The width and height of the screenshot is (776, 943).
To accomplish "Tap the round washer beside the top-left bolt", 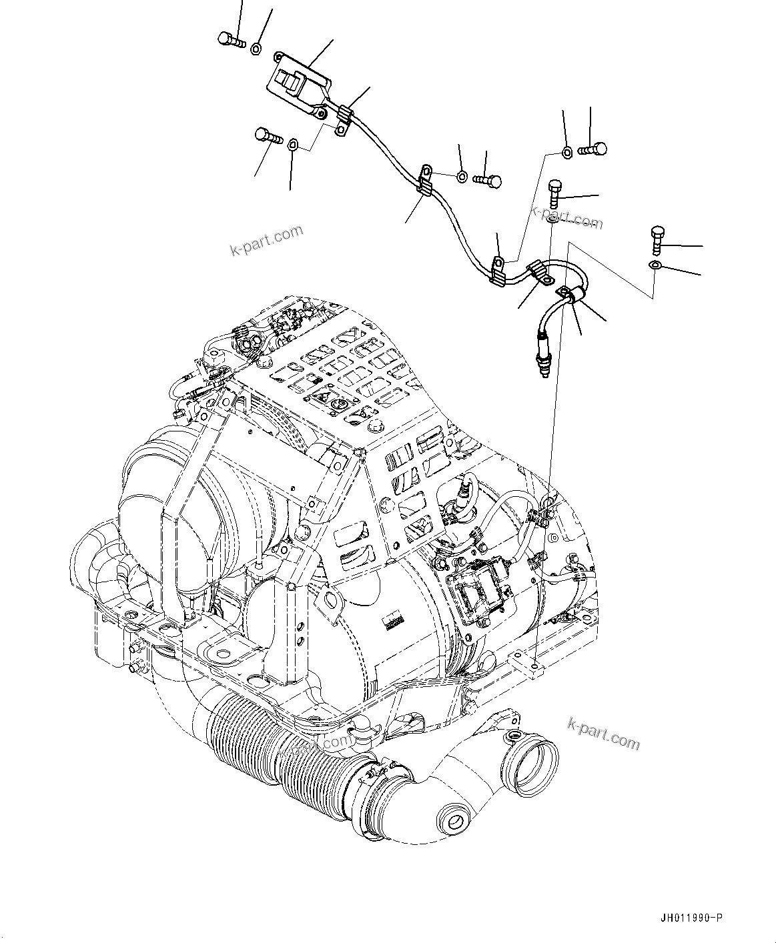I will (x=256, y=48).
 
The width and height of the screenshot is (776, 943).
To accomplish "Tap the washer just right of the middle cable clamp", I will (x=462, y=177).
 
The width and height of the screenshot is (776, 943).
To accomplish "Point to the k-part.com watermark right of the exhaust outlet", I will (x=603, y=732).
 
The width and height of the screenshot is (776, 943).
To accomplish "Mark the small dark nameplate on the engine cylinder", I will (x=394, y=622).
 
